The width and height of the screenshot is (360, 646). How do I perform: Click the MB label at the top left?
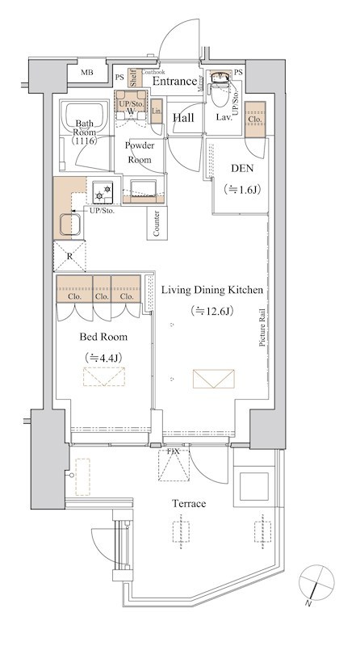click(86, 73)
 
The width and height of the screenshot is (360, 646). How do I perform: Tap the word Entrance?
click(174, 82)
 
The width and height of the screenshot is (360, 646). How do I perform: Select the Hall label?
click(183, 118)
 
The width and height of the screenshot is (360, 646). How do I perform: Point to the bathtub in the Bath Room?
click(85, 117)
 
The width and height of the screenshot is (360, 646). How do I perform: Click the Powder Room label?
click(139, 152)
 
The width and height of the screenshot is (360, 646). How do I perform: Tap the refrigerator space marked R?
click(69, 256)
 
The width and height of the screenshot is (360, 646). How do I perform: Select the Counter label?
click(157, 224)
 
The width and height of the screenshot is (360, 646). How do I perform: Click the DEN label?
click(242, 168)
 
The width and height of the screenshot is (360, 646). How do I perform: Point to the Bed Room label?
click(103, 337)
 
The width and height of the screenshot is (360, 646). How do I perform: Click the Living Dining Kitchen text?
click(211, 290)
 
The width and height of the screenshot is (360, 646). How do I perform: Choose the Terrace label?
click(189, 503)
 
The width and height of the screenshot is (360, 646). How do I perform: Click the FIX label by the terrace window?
click(173, 451)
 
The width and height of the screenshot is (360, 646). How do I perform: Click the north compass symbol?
click(316, 582)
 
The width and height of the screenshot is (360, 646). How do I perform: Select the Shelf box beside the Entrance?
click(133, 78)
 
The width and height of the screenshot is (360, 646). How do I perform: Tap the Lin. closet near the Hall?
click(157, 111)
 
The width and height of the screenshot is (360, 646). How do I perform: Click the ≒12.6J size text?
click(212, 311)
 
